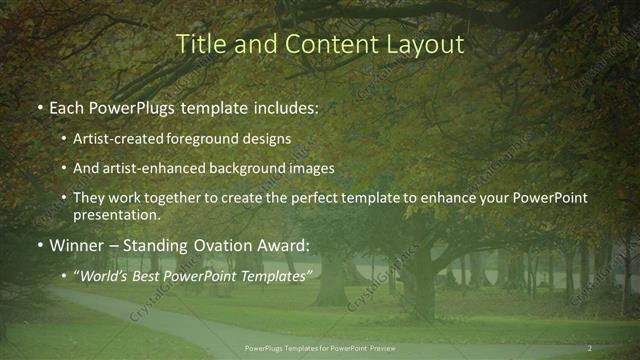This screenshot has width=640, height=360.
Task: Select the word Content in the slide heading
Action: click(318, 45)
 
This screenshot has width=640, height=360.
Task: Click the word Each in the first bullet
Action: click(67, 104)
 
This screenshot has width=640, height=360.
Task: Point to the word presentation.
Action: click(116, 215)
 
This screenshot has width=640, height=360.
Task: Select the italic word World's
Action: click(106, 274)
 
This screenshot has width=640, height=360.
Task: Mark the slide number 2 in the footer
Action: click(590, 347)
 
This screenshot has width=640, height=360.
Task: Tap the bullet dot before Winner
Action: click(38, 245)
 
